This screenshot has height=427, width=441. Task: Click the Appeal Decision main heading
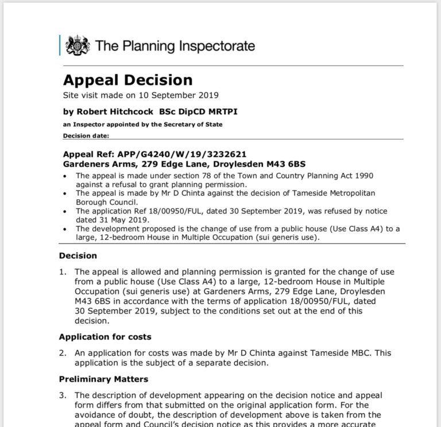point(127,80)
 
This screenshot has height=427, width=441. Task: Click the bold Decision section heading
point(78,256)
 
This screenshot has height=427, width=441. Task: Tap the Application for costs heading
point(105,336)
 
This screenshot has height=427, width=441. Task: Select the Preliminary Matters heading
point(103,379)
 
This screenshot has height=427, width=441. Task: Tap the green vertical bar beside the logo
point(60,45)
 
